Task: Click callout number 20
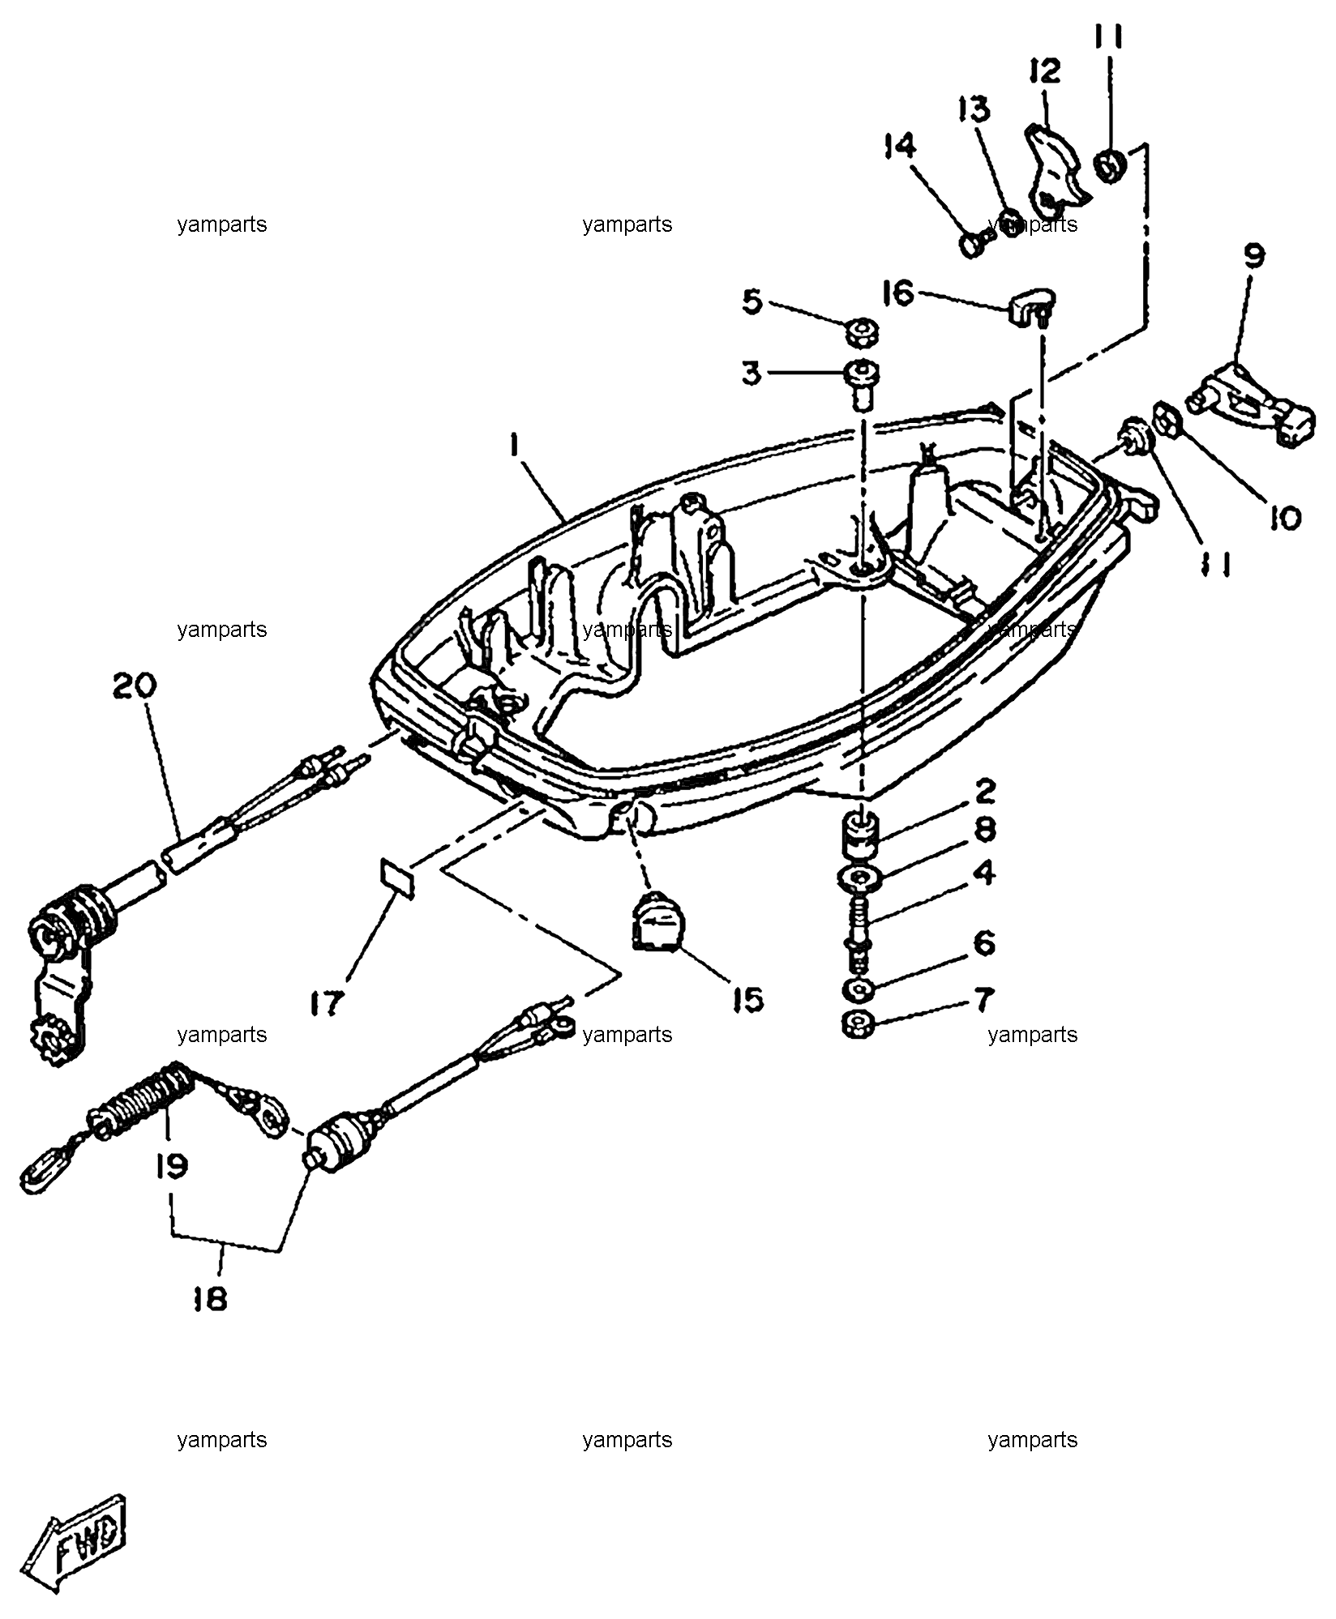point(135,688)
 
